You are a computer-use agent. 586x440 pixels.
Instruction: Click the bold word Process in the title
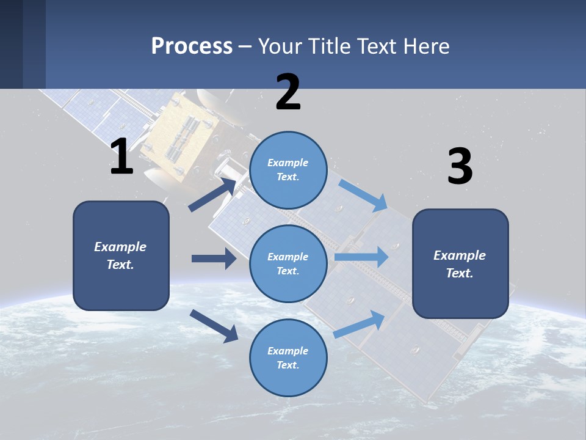tap(192, 46)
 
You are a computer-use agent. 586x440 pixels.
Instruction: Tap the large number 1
tap(121, 157)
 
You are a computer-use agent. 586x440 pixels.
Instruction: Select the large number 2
tap(288, 92)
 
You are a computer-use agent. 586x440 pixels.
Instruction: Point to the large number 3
tap(460, 167)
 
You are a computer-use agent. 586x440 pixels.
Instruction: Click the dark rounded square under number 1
tap(121, 255)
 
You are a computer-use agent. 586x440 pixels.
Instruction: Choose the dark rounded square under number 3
tap(460, 263)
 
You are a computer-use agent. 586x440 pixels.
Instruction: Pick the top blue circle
tap(288, 170)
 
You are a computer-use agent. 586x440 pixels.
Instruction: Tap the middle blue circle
tap(288, 263)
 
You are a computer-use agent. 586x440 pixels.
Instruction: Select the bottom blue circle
tap(288, 358)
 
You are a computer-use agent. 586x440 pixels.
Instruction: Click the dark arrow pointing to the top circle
tap(212, 194)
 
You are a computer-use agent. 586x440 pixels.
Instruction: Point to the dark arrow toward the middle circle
tap(214, 258)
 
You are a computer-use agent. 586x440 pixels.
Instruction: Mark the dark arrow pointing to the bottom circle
tap(214, 326)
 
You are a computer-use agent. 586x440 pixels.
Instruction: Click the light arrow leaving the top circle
tap(363, 196)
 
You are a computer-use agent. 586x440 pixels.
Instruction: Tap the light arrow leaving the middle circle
tap(361, 257)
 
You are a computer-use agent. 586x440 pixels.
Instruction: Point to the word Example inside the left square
tap(120, 247)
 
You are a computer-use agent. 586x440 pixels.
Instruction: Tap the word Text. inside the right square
tap(460, 273)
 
